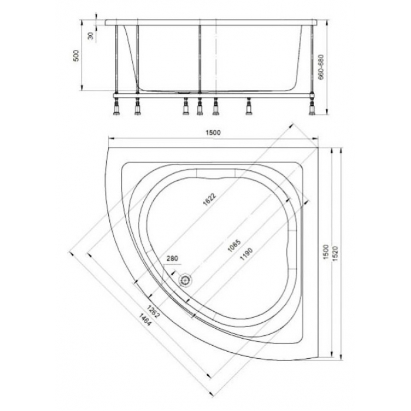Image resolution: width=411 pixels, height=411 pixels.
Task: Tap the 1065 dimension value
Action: [x=234, y=246]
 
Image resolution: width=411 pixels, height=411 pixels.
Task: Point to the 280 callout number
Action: [x=172, y=258]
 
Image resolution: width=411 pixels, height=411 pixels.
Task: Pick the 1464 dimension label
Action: [x=144, y=319]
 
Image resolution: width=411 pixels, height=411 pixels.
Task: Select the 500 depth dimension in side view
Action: [x=76, y=56]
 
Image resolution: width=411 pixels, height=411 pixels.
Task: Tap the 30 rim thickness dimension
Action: [x=90, y=36]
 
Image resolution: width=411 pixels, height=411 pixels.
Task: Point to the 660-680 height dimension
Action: [x=321, y=67]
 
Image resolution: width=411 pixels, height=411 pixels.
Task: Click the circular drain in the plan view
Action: [x=186, y=280]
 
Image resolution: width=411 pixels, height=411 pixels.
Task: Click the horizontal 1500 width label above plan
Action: [x=213, y=133]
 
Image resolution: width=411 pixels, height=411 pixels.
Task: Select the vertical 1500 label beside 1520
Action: [x=326, y=252]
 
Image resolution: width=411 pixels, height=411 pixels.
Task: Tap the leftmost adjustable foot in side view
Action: [x=116, y=107]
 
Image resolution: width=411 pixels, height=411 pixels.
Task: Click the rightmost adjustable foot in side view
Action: [x=312, y=107]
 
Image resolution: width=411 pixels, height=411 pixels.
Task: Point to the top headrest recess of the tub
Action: [x=215, y=174]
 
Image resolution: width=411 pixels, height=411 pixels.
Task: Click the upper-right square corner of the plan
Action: [x=318, y=147]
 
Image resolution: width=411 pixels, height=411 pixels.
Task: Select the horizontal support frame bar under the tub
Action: [x=214, y=96]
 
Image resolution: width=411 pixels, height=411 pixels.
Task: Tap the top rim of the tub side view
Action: [x=211, y=22]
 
